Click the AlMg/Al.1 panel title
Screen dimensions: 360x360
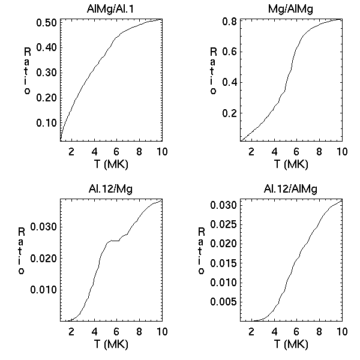pos(111,8)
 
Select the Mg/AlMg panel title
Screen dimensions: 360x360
pos(291,8)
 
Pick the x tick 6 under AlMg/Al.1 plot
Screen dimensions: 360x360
pos(116,151)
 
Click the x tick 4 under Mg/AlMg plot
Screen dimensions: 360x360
pos(274,151)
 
